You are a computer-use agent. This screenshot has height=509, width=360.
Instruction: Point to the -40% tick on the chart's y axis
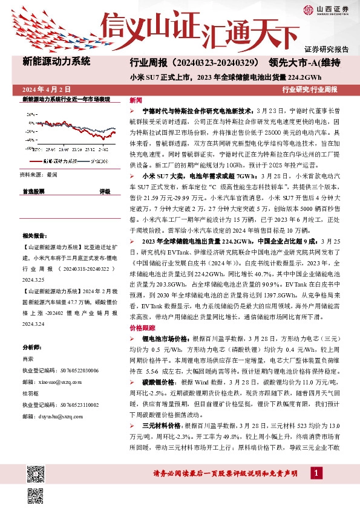coord(28,151)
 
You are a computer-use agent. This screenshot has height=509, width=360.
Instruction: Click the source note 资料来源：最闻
coord(38,174)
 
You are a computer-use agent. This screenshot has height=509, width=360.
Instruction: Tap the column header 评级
coord(105,190)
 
